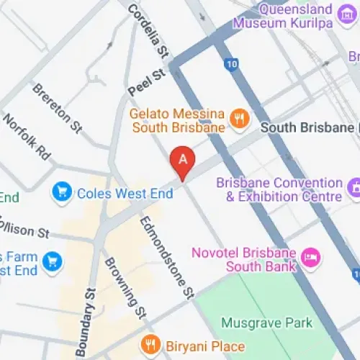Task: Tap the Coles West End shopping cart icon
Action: [61, 193]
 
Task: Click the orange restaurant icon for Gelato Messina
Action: [239, 118]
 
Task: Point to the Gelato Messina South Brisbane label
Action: [177, 120]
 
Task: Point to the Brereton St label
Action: [57, 108]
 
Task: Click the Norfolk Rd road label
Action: [27, 137]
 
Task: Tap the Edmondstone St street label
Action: [168, 256]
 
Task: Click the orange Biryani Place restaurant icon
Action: [150, 343]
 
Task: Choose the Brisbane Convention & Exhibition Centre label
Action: [279, 190]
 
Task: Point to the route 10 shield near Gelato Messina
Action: [230, 65]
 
